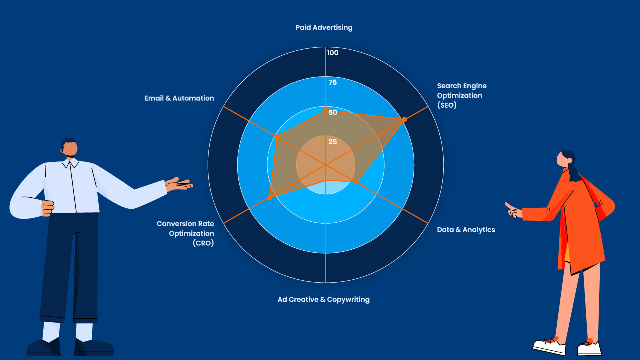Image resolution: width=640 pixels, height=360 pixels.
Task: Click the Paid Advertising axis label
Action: pos(324,27)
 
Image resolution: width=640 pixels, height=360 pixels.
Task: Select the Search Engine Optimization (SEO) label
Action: pos(461,95)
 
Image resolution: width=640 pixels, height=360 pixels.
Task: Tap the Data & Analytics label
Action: pos(466,230)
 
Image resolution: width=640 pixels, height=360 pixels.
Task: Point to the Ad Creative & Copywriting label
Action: pos(323,299)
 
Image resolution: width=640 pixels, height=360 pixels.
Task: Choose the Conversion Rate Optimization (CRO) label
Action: pos(185,233)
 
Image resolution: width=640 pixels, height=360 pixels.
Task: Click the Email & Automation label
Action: pos(179,98)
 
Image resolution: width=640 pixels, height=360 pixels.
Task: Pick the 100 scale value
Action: pos(332,53)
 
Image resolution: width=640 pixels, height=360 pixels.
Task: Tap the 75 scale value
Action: pos(332,82)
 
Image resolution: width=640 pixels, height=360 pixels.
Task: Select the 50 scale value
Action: pos(333,112)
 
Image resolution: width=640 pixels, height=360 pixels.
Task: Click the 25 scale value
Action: pos(332,142)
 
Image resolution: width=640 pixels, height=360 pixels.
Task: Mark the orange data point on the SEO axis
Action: pos(404,119)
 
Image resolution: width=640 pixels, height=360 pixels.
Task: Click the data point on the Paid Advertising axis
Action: pos(326,110)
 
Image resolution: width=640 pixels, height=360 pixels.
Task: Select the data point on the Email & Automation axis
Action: pos(276,136)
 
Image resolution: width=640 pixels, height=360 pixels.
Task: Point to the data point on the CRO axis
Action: pos(269,198)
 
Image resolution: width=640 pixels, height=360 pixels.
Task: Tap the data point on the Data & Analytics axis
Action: pos(356,182)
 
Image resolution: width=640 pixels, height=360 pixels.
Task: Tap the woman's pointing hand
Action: pos(512,210)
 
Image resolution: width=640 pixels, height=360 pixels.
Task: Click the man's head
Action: pos(69,147)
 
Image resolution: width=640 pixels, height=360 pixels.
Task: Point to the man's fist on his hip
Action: pos(48,207)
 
